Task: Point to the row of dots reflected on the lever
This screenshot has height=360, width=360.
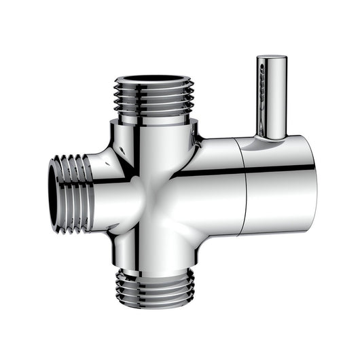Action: pyautogui.click(x=262, y=88)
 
